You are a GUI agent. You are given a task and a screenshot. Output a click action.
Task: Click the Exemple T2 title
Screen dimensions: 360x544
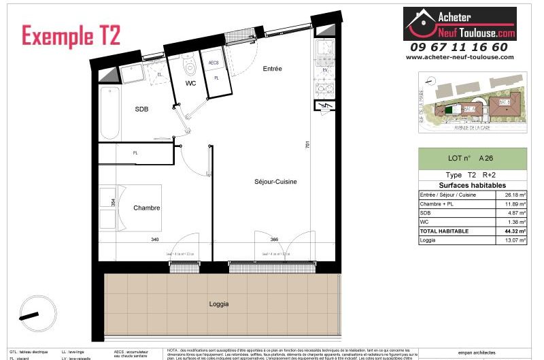[71, 35]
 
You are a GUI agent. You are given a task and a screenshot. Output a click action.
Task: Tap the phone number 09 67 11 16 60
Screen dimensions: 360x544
[458, 47]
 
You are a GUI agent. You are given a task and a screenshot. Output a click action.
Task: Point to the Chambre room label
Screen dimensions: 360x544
[146, 208]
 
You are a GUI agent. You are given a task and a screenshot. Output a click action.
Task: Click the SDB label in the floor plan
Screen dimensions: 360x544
[141, 109]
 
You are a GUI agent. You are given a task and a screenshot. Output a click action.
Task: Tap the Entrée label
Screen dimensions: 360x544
[273, 69]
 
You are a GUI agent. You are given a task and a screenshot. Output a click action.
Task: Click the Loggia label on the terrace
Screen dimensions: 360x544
[219, 304]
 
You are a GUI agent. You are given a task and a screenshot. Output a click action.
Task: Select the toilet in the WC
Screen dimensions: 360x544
[190, 65]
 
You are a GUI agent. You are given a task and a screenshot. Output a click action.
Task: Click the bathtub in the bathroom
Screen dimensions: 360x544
[108, 112]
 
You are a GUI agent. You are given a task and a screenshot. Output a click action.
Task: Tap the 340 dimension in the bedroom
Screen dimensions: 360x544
[156, 239]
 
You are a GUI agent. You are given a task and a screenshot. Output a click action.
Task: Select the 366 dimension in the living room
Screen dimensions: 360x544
[274, 239]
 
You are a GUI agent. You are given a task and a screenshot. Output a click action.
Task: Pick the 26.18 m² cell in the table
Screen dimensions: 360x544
[516, 195]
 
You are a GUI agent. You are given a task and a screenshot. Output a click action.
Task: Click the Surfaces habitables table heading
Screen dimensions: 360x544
[472, 185]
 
